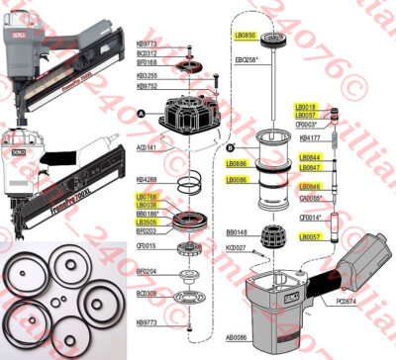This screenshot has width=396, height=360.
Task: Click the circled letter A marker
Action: point(142,114)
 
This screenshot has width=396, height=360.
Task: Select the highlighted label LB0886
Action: point(238,164)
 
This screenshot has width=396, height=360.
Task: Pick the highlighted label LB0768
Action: point(147,197)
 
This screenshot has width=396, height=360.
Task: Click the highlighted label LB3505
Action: point(147,222)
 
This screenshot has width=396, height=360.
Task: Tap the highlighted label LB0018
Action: point(305,107)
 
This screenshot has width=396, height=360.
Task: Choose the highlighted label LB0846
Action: point(308,186)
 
